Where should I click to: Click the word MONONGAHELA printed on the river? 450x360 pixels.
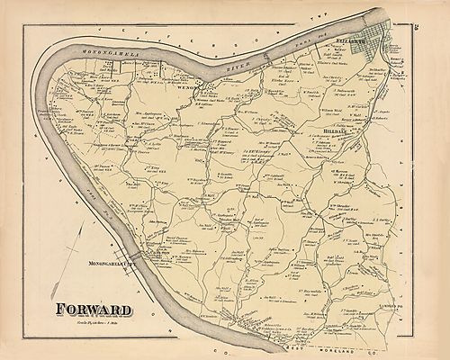(87, 55)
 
